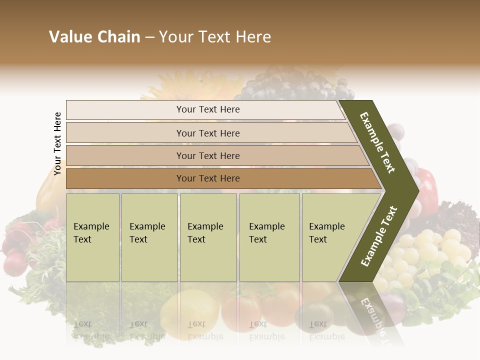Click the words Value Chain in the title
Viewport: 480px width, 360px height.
[x=94, y=37]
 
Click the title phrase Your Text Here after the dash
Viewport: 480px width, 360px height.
[x=215, y=37]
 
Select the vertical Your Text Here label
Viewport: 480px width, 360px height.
[x=57, y=144]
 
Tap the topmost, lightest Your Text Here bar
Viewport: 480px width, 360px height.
[x=207, y=109]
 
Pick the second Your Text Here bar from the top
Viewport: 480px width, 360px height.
[x=207, y=133]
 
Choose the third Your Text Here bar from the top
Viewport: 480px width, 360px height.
[x=207, y=155]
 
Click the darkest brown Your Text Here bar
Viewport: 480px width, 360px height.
[x=207, y=178]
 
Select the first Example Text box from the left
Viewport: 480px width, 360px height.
[x=92, y=237]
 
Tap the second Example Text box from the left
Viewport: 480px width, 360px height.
[x=149, y=237]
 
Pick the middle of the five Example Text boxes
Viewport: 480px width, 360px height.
[x=208, y=237]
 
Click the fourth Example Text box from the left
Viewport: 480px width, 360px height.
[x=269, y=237]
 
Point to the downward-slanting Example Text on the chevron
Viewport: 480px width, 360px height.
[x=377, y=142]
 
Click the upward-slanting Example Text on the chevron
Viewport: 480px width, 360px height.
[x=379, y=236]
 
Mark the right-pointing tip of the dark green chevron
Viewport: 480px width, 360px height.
[x=416, y=190]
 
